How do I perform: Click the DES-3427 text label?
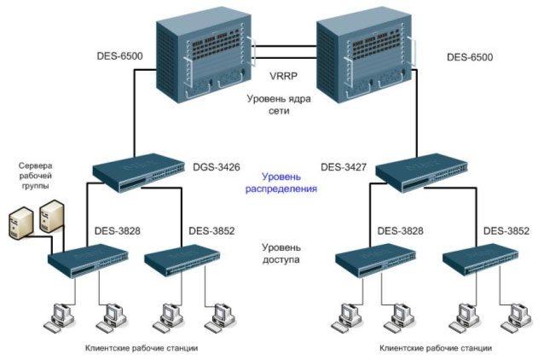pyautogui.click(x=344, y=168)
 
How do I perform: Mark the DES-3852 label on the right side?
pyautogui.click(x=506, y=230)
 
